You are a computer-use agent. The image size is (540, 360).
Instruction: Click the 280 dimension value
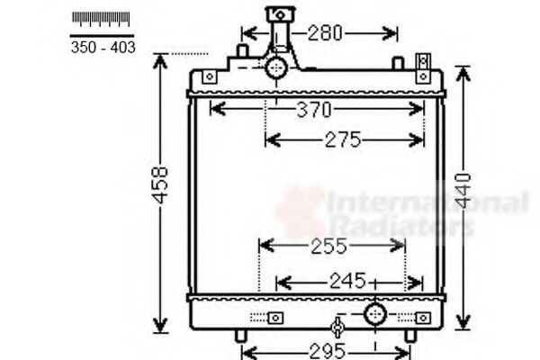coord(324,33)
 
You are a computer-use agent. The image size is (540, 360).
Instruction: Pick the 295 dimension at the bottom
coord(316,350)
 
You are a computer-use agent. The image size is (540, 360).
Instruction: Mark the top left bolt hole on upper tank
coord(209,77)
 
